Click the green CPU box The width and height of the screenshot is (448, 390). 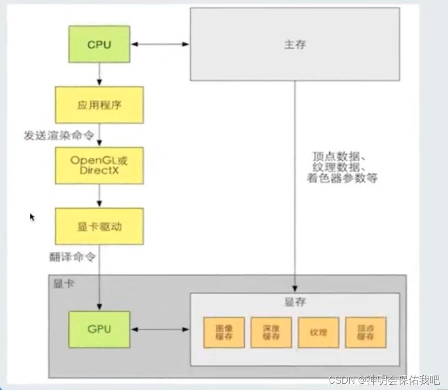coord(99,45)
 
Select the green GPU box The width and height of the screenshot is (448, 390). coord(99,330)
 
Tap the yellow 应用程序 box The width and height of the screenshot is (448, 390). coord(99,105)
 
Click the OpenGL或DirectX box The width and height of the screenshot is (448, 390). coord(99,166)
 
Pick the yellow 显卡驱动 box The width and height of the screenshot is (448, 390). coord(99,226)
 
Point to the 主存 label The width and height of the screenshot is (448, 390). coord(294,45)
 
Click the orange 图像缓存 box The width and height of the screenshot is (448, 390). coord(224,332)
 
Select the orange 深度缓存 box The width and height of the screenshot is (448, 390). coord(271,332)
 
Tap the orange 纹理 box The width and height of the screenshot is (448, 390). coord(318,332)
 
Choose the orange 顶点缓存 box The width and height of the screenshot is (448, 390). coord(365,332)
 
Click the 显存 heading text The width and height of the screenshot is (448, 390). coord(295,302)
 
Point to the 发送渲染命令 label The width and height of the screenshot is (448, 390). coord(59,136)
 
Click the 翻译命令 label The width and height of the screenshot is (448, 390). coord(73,257)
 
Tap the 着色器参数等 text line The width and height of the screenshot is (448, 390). coord(342,179)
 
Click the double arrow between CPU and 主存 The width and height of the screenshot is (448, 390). coord(160,45)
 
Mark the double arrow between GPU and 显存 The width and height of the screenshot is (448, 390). coord(160,330)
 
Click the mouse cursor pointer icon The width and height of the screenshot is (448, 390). coord(32,217)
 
